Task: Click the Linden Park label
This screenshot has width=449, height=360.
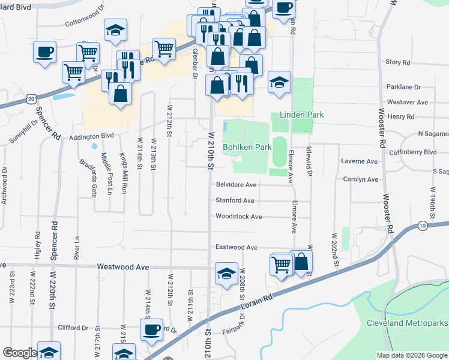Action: tap(301, 115)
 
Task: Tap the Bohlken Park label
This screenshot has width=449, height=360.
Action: tap(247, 146)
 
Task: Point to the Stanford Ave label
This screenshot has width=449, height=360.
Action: tap(235, 200)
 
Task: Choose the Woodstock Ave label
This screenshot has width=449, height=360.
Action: tap(238, 217)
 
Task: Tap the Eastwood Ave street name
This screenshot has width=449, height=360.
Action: tap(237, 247)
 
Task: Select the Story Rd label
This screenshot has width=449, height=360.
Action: tap(397, 62)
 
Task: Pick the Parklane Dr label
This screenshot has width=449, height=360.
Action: tap(403, 87)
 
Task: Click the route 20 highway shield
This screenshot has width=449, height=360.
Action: tap(32, 97)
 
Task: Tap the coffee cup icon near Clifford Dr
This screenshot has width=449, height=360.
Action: tap(151, 329)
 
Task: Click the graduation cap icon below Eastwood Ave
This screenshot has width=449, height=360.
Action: tap(226, 275)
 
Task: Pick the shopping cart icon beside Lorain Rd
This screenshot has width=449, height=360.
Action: tap(281, 263)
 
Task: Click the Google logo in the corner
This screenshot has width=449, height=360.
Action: tap(20, 353)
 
